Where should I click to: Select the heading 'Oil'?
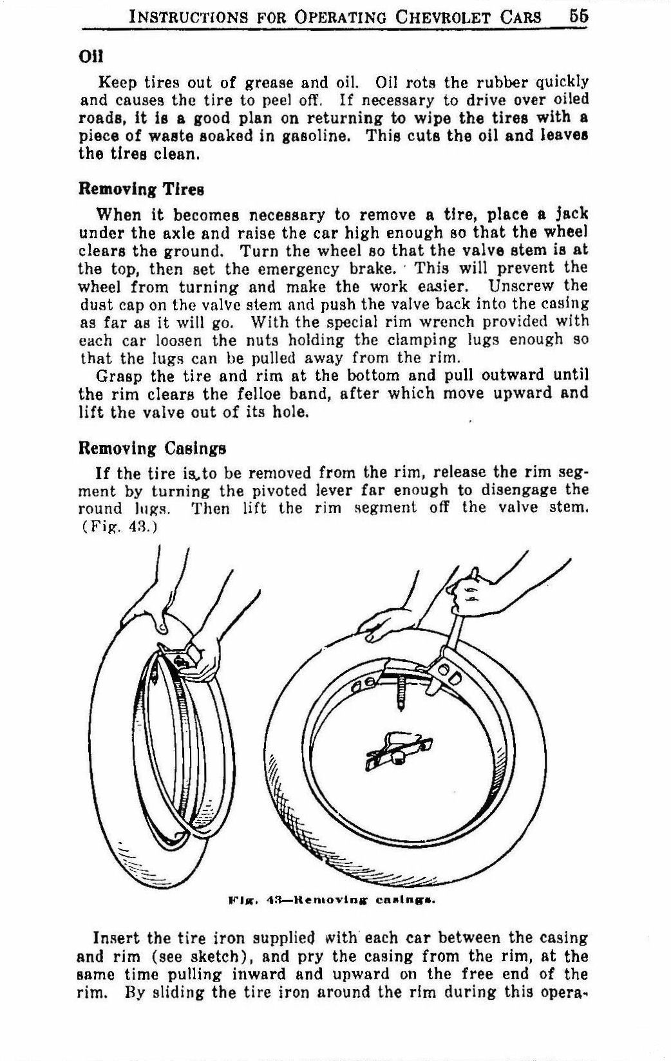point(87,57)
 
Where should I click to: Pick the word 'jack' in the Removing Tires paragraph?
point(572,214)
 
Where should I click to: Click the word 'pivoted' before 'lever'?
point(246,491)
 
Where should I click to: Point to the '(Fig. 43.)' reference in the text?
point(116,526)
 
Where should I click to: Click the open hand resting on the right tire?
point(384,624)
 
